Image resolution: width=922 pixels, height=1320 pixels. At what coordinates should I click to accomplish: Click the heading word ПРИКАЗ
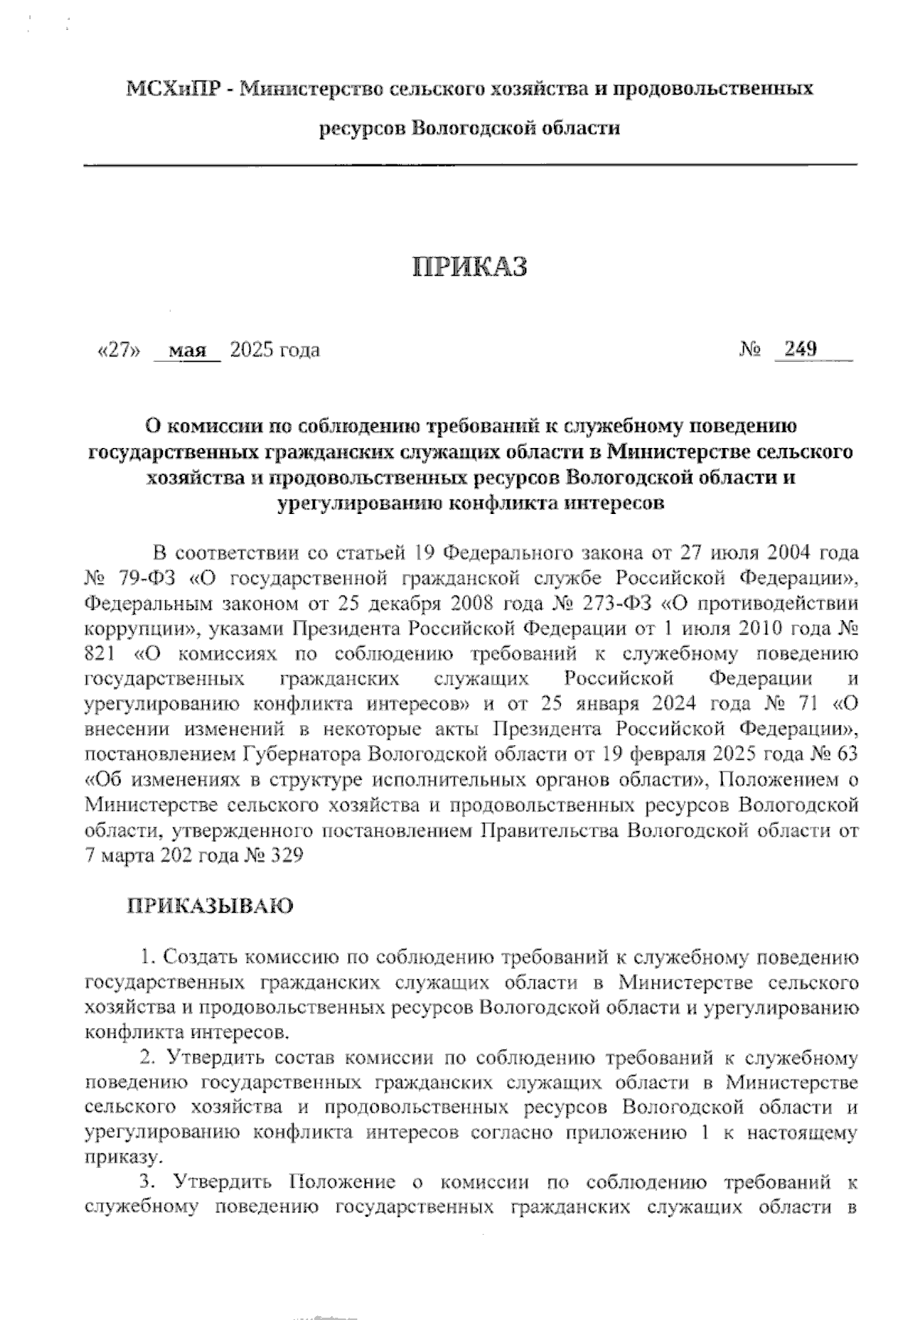[x=470, y=266]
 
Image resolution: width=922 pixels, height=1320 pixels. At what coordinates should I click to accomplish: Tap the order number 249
[x=800, y=350]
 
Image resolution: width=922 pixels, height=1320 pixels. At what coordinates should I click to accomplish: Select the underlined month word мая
[x=187, y=351]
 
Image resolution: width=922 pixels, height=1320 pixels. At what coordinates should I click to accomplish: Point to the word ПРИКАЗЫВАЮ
[x=210, y=906]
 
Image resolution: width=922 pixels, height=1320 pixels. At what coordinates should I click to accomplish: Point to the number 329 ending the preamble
[x=285, y=855]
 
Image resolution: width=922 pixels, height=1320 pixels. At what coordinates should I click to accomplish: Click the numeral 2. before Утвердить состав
[x=148, y=1058]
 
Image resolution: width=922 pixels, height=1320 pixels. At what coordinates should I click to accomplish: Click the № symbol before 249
[x=751, y=350]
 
